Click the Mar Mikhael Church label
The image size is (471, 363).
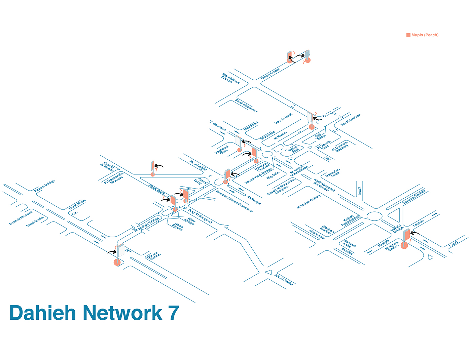coord(230,78)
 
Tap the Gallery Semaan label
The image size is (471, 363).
coord(270,74)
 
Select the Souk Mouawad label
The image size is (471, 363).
coord(246,106)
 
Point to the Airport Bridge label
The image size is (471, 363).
coord(44,186)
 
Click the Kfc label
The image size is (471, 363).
coord(74,213)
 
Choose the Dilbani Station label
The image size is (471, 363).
coord(154,256)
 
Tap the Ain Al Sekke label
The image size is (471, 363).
coord(284,280)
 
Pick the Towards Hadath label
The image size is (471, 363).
coord(414,197)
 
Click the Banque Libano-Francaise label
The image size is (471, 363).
coord(234,201)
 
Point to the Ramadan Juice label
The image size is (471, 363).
coord(333,173)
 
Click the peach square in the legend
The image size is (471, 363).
coord(408,35)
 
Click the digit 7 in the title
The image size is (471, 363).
coord(174,313)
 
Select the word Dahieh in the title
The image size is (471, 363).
coord(43,313)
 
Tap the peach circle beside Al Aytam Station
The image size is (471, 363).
coord(404,245)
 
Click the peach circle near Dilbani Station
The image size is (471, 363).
coord(117,262)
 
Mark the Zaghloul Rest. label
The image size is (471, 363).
coord(222,150)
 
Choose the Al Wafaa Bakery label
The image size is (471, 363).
coord(309,202)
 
